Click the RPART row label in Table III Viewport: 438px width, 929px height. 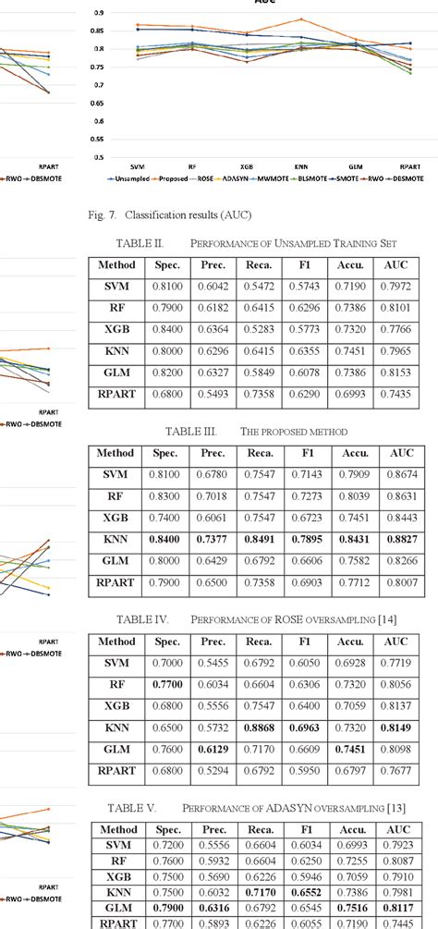(116, 582)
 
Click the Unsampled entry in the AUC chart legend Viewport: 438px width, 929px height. (133, 177)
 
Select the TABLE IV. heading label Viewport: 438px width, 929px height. (140, 618)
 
